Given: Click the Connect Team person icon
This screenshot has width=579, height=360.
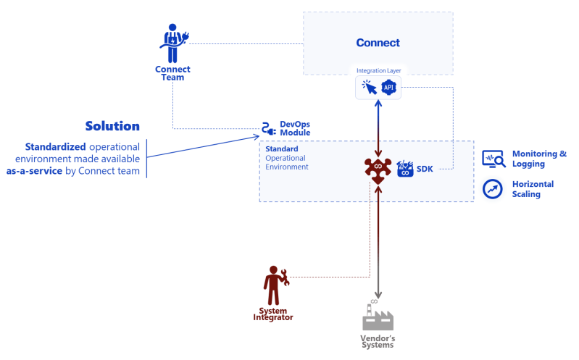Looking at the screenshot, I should pos(172,43).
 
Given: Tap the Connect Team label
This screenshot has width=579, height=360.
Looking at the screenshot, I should pos(172,73).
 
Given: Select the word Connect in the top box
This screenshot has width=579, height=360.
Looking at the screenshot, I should pos(378,43).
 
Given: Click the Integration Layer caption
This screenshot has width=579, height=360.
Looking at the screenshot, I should pos(378,71).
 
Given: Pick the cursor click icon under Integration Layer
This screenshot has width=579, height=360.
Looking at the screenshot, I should pos(370,88).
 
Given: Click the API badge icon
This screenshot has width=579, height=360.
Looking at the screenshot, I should pos(389,88).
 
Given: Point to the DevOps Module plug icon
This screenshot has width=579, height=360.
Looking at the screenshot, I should pos(269,129).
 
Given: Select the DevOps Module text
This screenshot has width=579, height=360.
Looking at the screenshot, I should pos(295,128).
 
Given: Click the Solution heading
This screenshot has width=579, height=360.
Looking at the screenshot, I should pos(112,125).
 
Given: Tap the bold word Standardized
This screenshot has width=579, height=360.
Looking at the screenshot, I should pos(56,146).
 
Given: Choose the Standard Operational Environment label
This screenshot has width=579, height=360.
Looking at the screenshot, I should pos(286,157).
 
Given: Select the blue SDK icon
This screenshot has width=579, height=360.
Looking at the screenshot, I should pos(404,169).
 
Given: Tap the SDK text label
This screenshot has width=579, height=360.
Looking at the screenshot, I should pos(425,169).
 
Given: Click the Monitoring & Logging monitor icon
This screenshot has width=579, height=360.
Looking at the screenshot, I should pos(493,159).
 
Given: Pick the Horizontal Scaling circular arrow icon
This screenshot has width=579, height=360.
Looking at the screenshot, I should pos(493,189).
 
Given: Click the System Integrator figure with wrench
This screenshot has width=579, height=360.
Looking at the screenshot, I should pos(275,285).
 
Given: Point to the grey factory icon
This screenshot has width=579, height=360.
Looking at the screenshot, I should pos(377,317).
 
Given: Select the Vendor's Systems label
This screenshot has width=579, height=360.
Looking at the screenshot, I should pos(377,340).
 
